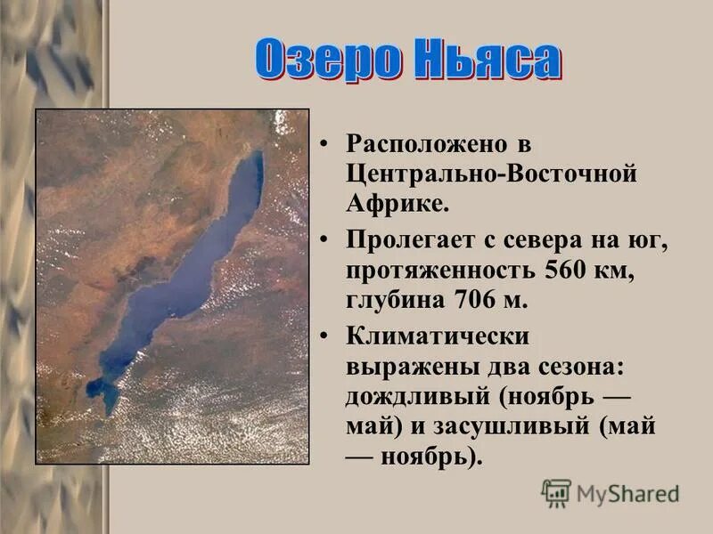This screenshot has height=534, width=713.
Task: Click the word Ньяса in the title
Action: tap(482, 61)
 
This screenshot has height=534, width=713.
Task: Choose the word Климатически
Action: tap(438, 336)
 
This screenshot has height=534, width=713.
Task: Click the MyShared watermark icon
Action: tap(556, 493)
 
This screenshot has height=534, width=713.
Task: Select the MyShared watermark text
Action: tap(628, 493)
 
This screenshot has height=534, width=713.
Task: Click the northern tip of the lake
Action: tap(258, 154)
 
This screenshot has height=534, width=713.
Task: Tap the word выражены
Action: tap(397, 366)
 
